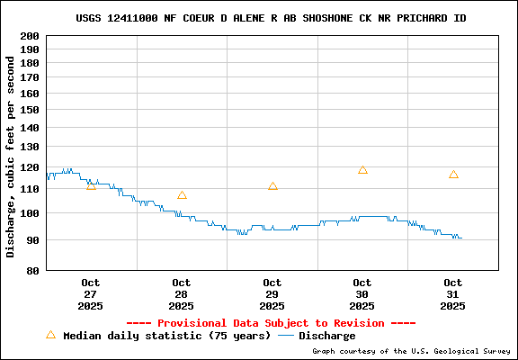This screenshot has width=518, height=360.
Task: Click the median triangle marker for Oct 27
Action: [x=91, y=185]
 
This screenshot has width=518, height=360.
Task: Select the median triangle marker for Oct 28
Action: [x=182, y=195]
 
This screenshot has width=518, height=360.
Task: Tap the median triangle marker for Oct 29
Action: [x=272, y=186]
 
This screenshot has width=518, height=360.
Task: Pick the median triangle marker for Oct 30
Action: [x=362, y=170]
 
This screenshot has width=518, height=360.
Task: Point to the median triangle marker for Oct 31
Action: [x=453, y=175]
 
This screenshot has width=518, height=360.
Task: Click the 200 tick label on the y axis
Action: [x=30, y=35]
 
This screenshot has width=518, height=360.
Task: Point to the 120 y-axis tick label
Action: [x=30, y=166]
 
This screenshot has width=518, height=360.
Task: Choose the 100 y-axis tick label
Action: [x=30, y=213]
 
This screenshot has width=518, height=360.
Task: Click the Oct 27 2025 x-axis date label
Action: [x=91, y=294]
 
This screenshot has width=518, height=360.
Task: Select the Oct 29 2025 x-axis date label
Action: [x=272, y=294]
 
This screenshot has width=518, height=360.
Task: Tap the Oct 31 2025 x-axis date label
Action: [x=453, y=294]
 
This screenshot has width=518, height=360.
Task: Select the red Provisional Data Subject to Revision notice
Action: [x=271, y=323]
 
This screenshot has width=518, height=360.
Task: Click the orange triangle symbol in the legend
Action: [x=50, y=335]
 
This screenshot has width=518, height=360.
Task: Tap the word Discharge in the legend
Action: [x=326, y=336]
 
